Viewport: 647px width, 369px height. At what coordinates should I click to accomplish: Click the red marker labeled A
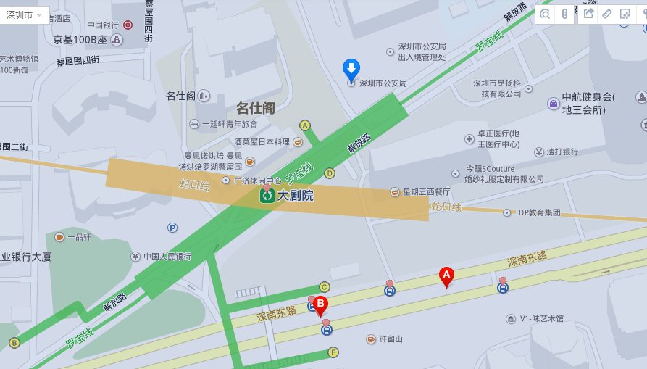[446, 275]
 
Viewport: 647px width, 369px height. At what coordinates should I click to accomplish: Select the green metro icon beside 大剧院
[267, 195]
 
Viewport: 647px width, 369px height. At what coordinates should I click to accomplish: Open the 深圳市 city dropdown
[25, 15]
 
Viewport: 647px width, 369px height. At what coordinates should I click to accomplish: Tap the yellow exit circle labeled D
[330, 173]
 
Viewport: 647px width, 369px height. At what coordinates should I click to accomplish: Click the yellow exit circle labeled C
[325, 286]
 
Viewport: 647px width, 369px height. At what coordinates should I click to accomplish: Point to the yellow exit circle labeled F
[333, 353]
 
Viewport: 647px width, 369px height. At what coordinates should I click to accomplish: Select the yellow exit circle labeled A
[305, 125]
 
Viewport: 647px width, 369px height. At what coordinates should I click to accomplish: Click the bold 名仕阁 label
[255, 108]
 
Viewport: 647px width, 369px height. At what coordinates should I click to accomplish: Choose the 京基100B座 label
[80, 40]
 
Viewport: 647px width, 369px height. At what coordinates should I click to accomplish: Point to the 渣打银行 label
[562, 152]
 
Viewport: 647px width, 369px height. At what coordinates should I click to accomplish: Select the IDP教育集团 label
[538, 212]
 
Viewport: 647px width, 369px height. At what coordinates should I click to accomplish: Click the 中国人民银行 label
[167, 257]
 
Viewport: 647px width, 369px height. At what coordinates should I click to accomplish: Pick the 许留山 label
[391, 339]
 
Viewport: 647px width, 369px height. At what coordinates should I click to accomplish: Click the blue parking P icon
[172, 228]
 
